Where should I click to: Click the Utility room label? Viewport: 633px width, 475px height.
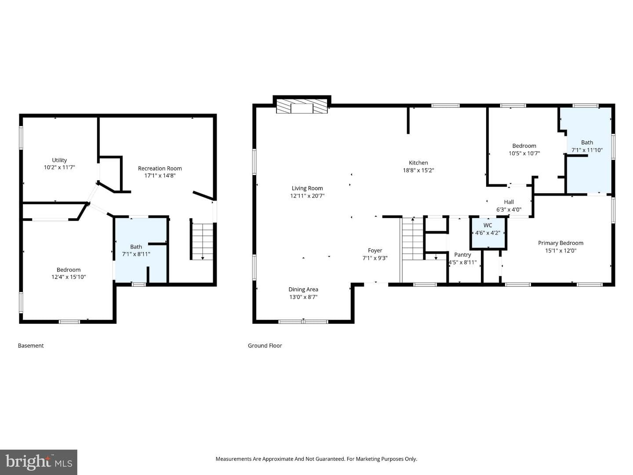[59, 160]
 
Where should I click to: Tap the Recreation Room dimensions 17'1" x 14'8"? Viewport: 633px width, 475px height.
[160, 175]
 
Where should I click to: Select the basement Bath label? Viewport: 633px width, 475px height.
[136, 247]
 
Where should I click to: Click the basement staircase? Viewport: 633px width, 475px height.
[203, 242]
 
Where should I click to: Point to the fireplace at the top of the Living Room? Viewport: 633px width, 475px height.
[302, 106]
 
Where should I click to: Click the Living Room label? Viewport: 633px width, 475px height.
[307, 188]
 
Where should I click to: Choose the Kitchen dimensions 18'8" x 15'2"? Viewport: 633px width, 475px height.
[418, 170]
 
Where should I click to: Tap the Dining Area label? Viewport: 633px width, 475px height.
[303, 289]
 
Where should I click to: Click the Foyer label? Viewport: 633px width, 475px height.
[375, 250]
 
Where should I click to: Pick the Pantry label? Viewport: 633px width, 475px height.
[462, 255]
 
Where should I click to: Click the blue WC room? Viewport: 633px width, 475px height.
[488, 233]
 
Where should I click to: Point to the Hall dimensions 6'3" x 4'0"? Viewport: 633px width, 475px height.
[509, 210]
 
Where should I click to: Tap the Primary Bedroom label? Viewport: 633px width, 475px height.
[560, 243]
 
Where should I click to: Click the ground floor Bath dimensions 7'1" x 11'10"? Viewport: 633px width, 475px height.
[587, 150]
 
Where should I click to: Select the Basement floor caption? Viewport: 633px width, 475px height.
[31, 346]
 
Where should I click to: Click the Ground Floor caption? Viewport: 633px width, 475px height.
[265, 346]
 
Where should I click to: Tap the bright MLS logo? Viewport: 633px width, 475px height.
[39, 462]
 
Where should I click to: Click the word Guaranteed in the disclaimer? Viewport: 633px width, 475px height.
[330, 459]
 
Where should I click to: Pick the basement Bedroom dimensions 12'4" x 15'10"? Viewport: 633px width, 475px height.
[69, 277]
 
